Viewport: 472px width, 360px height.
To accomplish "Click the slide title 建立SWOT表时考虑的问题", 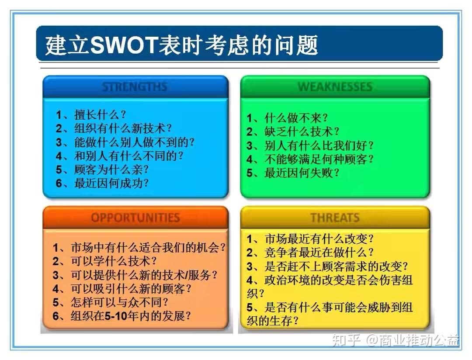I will (181, 45).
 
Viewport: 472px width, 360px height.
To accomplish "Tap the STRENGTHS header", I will (135, 87).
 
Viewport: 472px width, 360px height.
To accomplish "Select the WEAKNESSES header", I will (335, 87).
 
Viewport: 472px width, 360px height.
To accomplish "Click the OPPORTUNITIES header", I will (135, 218).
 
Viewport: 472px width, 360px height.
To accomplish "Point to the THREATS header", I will (335, 218).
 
